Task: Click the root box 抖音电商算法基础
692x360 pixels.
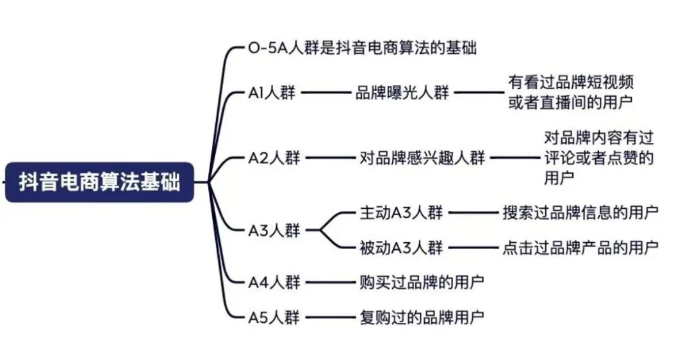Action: click(99, 182)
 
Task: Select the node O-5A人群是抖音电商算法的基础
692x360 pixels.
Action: click(362, 48)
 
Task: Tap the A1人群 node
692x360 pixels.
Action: click(272, 93)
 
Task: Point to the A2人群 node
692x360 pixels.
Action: click(274, 158)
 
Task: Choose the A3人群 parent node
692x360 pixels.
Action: click(274, 230)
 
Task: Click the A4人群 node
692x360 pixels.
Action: click(274, 281)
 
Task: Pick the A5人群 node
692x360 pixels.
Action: click(274, 316)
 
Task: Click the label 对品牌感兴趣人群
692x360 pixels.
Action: click(423, 158)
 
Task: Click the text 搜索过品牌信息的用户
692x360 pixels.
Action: click(581, 212)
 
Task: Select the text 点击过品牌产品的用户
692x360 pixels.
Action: click(581, 247)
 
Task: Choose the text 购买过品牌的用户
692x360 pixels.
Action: click(422, 281)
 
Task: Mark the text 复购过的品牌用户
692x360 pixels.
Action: click(422, 316)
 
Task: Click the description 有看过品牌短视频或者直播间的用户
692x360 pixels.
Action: click(572, 92)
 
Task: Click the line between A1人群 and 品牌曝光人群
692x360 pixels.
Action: click(325, 93)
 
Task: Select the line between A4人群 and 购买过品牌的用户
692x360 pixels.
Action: click(328, 282)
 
